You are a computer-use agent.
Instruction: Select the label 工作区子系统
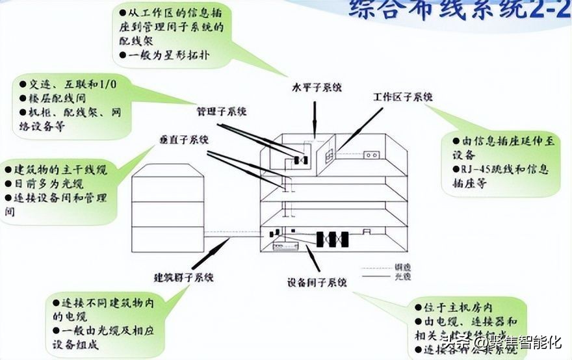tap(403, 97)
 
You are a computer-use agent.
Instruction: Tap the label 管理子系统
tap(222, 112)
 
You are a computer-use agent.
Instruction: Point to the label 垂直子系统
tap(184, 140)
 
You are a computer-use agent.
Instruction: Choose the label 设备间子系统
tap(317, 283)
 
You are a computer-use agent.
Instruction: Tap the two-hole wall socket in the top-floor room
tap(371, 155)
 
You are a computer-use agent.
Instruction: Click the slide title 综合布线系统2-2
tap(455, 10)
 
